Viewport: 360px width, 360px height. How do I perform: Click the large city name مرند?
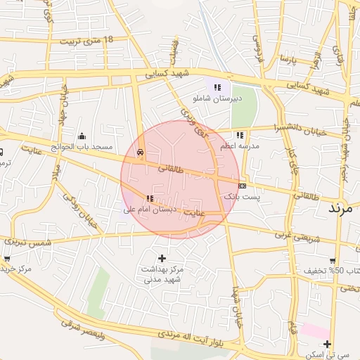(x=343, y=208)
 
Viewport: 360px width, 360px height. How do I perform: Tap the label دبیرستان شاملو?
(x=218, y=99)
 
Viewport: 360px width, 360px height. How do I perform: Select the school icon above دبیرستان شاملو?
(x=217, y=87)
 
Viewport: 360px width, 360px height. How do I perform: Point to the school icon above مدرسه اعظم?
(x=240, y=135)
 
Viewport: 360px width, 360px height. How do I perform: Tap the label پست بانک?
(x=241, y=198)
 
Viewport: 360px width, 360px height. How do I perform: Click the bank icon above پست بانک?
(x=242, y=186)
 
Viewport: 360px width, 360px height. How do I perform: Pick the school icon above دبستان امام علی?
(x=149, y=198)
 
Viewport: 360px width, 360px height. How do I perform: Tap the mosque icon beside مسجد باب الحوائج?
(x=82, y=136)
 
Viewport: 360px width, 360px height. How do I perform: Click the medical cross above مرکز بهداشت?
(x=163, y=258)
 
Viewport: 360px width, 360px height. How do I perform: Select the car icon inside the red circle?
(x=141, y=152)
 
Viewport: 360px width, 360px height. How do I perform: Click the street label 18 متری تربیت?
(x=87, y=41)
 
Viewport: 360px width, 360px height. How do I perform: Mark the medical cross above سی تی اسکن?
(x=328, y=343)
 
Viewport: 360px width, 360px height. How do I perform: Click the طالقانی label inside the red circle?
(x=173, y=169)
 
